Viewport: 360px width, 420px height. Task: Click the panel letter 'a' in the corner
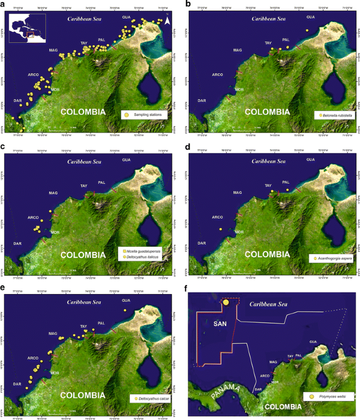point(5,5)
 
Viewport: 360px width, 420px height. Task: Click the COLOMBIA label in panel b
point(268,111)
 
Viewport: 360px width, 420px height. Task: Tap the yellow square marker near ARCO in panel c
point(37,228)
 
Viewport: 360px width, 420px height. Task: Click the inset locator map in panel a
point(28,27)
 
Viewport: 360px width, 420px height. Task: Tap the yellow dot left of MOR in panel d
point(221,229)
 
